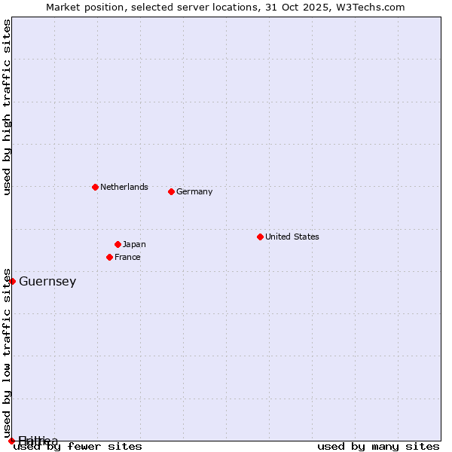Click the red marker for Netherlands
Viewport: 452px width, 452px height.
[x=95, y=187]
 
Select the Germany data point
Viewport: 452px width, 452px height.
[x=171, y=191]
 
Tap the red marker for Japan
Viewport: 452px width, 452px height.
[x=118, y=244]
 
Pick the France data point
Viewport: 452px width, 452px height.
[x=109, y=257]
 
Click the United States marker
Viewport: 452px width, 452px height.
[x=260, y=237]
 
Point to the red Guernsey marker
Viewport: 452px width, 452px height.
[x=12, y=281]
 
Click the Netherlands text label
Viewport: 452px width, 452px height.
[x=124, y=187]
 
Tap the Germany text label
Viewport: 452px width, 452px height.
[x=194, y=191]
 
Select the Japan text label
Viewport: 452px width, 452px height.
[x=134, y=244]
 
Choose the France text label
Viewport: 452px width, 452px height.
[x=127, y=257]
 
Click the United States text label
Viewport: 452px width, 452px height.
[x=292, y=237]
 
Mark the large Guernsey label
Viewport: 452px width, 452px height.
[x=47, y=282]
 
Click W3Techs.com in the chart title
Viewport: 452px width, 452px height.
[x=368, y=8]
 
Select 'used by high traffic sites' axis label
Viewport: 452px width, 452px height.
[x=8, y=107]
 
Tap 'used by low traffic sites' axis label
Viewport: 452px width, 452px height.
[x=8, y=353]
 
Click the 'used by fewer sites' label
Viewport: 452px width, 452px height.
[x=78, y=446]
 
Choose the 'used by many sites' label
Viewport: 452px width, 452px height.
[x=378, y=446]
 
